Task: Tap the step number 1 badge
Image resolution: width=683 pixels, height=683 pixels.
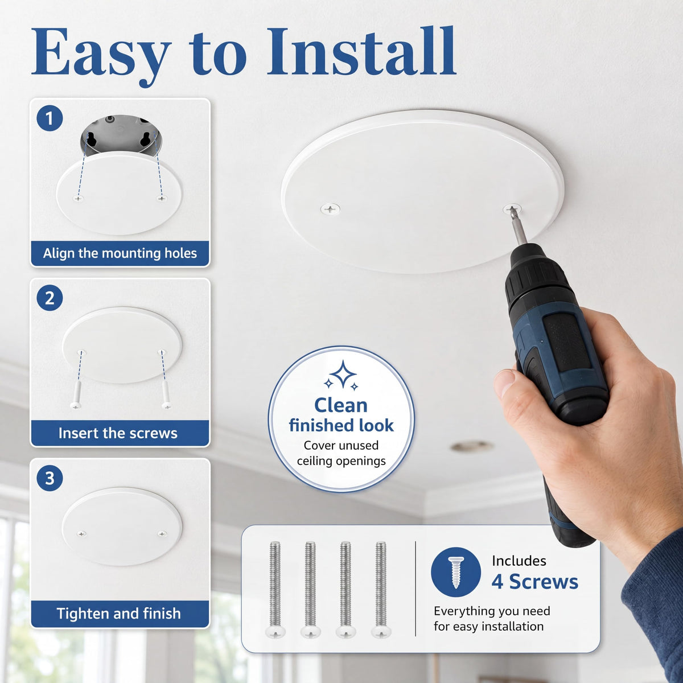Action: pos(50,118)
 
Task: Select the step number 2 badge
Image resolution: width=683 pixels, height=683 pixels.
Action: pos(50,298)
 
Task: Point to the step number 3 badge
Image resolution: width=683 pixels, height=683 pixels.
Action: pos(50,478)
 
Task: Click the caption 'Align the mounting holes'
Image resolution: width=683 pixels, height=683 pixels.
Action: pos(120,253)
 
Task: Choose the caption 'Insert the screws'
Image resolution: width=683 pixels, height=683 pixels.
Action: pos(118,433)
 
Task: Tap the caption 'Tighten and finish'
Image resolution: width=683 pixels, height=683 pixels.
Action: pos(118,614)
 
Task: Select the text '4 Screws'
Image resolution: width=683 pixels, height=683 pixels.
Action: pos(534,582)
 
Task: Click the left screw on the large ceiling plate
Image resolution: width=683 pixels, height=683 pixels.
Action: pos(330,209)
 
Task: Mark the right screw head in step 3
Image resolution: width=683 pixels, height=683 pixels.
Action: pos(162,533)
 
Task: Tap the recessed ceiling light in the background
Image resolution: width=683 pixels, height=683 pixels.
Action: pos(472,447)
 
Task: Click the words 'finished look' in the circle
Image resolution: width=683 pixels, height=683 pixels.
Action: pos(341,425)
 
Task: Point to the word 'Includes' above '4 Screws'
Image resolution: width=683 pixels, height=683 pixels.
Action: pos(519,561)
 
